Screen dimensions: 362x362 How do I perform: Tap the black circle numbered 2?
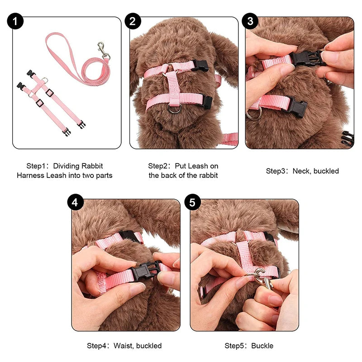coord(134,22)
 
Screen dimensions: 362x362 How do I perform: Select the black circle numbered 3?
coord(250,22)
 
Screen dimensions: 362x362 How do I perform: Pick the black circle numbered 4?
coord(75,203)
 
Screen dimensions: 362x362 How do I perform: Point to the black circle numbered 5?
coord(193,203)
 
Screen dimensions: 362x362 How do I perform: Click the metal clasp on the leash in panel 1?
coord(104,49)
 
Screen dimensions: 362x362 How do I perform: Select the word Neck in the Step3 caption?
coord(301,171)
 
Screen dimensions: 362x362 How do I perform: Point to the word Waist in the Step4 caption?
coord(124,346)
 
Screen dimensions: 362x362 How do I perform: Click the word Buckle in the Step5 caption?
coord(262,346)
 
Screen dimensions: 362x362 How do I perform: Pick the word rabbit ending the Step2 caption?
coord(208,175)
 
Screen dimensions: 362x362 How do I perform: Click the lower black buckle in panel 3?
coord(295,107)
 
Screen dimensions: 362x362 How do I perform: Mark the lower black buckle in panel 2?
coord(206,103)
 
